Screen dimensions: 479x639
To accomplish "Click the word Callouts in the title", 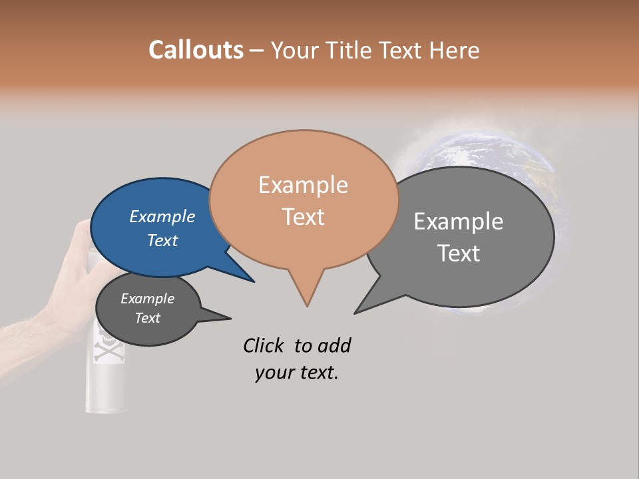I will [196, 50].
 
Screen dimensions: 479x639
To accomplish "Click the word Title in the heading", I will [352, 50].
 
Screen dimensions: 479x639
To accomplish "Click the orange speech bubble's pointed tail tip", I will [307, 305].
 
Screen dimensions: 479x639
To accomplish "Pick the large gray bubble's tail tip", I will [355, 313].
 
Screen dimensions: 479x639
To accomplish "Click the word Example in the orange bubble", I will [303, 185].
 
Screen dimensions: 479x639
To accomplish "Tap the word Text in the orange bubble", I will [303, 217].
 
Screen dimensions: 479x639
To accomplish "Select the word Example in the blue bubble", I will [162, 217].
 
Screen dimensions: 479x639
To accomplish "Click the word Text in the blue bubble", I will [162, 241].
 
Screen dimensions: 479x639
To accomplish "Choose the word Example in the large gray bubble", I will [459, 222].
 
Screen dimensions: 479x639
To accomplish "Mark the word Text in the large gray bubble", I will [459, 253].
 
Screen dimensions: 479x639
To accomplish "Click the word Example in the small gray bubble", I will [147, 299].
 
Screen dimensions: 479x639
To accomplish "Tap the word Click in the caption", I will [264, 345].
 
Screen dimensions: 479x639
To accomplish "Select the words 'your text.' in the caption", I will [297, 373].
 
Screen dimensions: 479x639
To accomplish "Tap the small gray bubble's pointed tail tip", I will [230, 318].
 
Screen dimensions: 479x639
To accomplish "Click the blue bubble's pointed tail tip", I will [254, 281].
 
